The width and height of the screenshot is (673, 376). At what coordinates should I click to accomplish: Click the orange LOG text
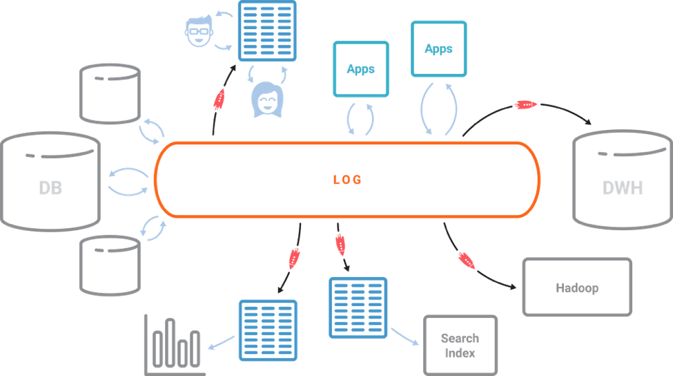tap(348, 180)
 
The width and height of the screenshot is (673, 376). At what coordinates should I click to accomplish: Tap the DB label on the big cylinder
tap(50, 188)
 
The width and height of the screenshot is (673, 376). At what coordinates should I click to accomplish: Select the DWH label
tap(623, 188)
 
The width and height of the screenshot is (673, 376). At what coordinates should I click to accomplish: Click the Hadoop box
tap(577, 287)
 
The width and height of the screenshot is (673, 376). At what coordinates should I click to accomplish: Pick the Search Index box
tap(460, 346)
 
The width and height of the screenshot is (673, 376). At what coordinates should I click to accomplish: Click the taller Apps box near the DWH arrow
tap(438, 49)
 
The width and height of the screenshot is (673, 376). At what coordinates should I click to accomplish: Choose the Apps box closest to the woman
tap(361, 69)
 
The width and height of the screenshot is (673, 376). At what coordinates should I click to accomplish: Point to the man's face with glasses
tap(199, 31)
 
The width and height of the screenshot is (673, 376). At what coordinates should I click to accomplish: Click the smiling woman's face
tap(267, 100)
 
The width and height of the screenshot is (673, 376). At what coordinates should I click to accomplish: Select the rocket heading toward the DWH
tap(525, 104)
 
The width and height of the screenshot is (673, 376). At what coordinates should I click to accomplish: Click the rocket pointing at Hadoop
tap(466, 261)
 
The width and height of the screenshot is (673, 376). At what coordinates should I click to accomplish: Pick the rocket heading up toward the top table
tap(220, 100)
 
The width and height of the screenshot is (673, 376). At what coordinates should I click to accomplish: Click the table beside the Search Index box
tap(358, 308)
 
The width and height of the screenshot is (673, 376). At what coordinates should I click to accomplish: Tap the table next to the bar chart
tap(268, 330)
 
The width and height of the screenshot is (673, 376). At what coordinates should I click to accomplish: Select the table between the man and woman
tap(267, 31)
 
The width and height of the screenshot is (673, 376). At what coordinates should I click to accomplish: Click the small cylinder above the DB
tap(110, 94)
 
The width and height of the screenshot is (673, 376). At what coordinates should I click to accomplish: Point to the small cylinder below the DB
tap(110, 265)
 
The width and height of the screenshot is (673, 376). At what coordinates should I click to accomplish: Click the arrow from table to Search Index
tap(404, 337)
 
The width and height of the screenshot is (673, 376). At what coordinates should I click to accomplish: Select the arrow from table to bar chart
tap(222, 343)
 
